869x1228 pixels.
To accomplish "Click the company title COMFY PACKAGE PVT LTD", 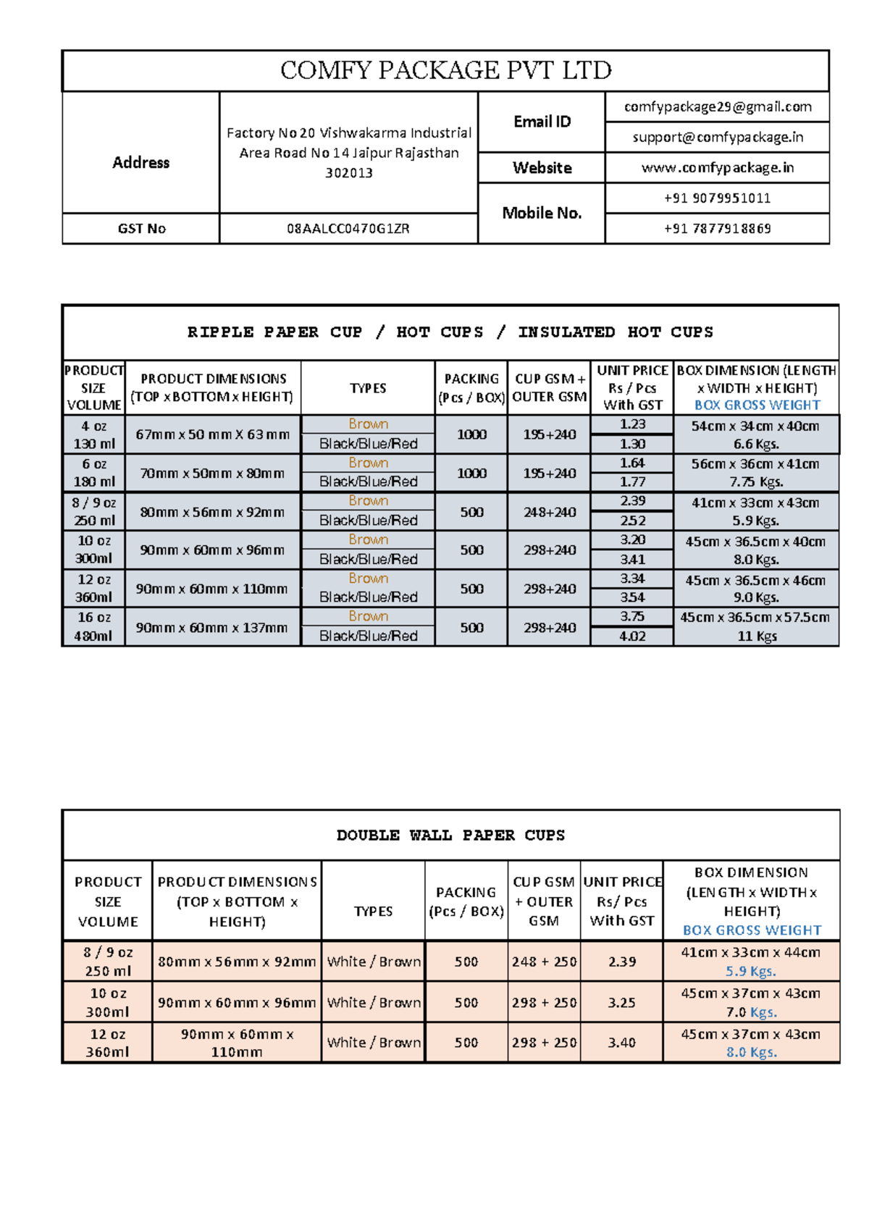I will coord(445,70).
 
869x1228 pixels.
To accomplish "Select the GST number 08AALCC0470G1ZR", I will coord(348,229).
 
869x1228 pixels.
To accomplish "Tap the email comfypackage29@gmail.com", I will coord(717,107).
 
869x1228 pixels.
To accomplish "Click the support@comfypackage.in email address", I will coord(717,138).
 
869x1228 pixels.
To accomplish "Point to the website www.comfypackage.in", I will coord(717,168).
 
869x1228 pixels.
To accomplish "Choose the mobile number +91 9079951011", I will coord(717,198).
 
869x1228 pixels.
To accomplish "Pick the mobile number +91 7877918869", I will coord(717,229).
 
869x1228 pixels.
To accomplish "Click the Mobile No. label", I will coord(542,213).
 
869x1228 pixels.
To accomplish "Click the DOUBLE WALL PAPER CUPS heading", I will coord(450,836).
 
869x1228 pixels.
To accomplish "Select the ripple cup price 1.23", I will coord(632,424).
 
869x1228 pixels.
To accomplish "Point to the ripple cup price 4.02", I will coord(632,636).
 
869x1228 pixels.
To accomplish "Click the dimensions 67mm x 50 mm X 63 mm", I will coord(213,434).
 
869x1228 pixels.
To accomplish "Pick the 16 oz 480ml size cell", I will coord(94,627).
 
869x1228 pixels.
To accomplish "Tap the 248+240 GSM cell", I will coord(550,512).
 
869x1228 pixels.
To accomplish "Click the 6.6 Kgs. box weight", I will coord(756,444).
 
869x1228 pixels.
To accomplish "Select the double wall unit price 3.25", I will coord(621,1003).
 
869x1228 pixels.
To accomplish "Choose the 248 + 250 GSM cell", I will coord(544,962).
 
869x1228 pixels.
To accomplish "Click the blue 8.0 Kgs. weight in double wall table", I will coord(751,1052).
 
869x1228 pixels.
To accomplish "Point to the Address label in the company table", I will coord(140,163).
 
